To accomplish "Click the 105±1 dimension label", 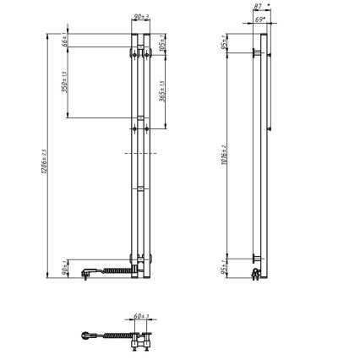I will [161, 45].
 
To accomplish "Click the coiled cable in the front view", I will [114, 270].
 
